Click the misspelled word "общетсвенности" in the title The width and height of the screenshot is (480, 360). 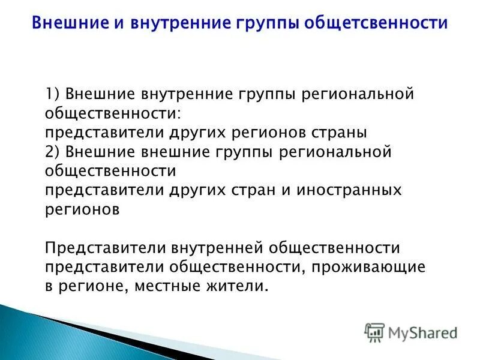pyautogui.click(x=376, y=23)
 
